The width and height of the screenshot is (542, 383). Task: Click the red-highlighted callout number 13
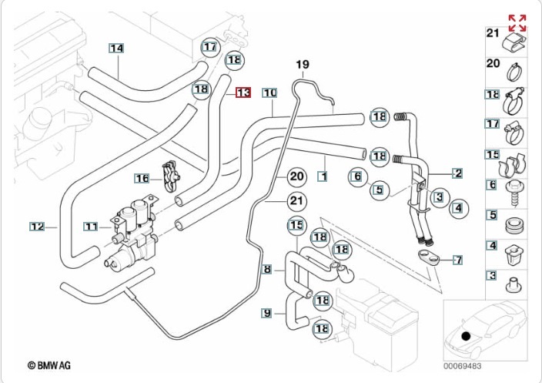[243, 92]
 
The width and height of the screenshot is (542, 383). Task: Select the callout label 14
[116, 49]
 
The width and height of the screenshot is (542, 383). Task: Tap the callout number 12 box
[37, 227]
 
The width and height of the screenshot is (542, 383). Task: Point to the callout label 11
[92, 227]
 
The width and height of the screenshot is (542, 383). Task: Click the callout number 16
[142, 178]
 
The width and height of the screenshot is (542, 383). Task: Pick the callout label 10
[269, 92]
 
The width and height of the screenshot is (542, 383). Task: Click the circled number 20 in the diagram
[297, 176]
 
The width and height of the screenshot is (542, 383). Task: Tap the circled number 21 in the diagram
[297, 202]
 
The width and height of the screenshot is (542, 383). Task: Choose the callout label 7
[457, 260]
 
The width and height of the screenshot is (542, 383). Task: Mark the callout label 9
[267, 313]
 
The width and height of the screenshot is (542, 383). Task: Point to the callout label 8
[267, 270]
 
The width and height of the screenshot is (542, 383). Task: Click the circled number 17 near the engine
[210, 47]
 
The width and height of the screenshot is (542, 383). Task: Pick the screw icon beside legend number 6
[513, 190]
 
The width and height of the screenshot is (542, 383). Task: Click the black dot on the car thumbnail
[465, 335]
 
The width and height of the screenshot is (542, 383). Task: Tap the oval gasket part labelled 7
[427, 254]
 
